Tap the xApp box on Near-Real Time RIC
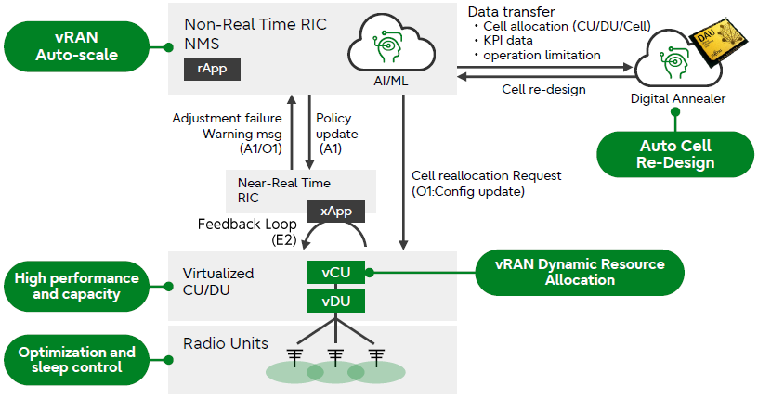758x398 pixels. (335, 211)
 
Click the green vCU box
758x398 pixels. (336, 273)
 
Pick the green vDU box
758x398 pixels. (336, 302)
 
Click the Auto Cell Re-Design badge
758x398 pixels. (676, 154)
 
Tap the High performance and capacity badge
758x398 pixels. (77, 287)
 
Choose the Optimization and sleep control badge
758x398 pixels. (77, 360)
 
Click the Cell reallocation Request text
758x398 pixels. (486, 175)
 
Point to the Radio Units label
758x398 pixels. (226, 343)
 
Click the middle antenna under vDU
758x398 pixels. (336, 357)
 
